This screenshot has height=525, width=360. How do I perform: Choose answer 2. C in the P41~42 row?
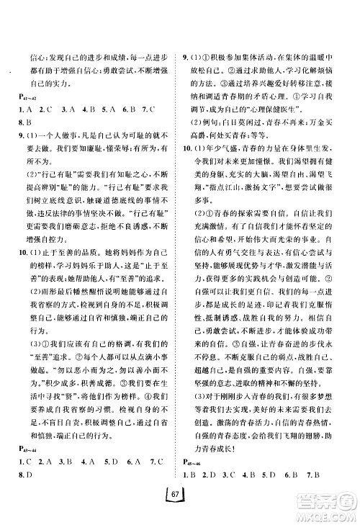51,111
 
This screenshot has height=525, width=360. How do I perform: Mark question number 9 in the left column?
24,138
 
